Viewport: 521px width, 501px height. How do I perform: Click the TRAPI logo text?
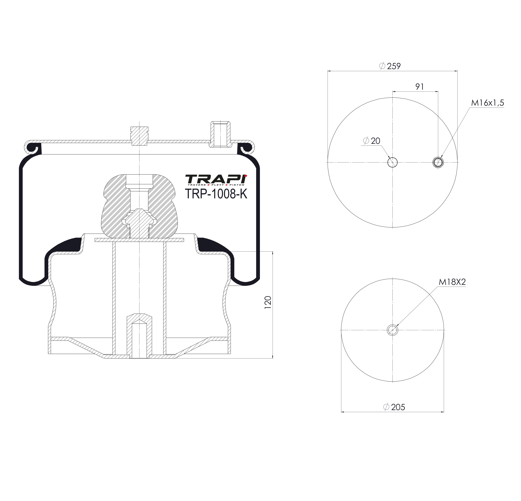point(216,180)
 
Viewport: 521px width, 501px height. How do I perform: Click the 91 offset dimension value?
point(419,87)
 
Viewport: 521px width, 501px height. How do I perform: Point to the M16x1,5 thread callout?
point(487,103)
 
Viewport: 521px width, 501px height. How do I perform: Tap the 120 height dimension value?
point(268,302)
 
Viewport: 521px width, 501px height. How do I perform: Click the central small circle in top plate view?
point(393,162)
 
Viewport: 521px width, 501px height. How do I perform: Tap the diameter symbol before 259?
point(382,66)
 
